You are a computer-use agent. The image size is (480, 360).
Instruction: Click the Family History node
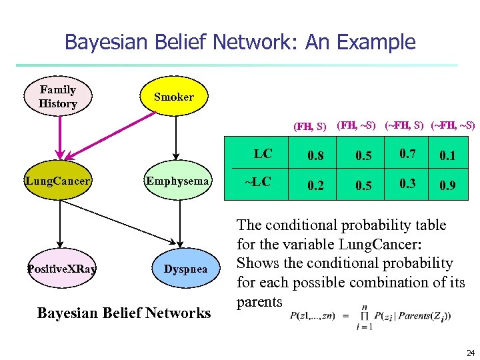point(58,97)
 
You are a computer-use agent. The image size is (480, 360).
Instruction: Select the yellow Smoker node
point(173,97)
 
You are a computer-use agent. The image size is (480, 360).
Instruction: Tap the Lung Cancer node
point(59,180)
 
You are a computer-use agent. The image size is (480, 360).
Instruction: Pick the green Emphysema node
point(178,181)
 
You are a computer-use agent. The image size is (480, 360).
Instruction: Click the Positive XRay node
point(61,269)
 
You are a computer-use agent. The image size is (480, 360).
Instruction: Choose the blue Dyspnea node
point(186,269)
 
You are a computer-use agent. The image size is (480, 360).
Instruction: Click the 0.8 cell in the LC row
point(315,156)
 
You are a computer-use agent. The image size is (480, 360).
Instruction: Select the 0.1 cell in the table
point(447,156)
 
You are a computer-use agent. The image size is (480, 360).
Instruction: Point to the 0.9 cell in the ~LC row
point(447,186)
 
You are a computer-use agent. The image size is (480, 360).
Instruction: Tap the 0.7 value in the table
point(407,155)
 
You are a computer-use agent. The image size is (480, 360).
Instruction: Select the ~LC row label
point(257,182)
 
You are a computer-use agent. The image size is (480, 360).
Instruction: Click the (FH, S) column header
point(310,126)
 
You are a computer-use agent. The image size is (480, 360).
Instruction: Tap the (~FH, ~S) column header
point(453,125)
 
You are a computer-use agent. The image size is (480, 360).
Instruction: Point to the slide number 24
point(470,353)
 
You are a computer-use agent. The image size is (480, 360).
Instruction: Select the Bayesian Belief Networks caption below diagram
point(124,313)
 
